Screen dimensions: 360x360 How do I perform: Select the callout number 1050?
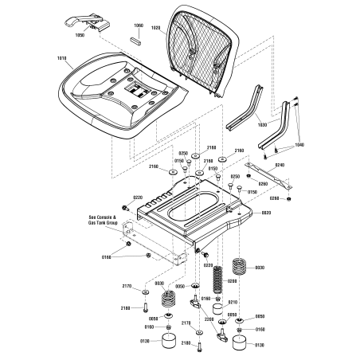(x=79, y=36)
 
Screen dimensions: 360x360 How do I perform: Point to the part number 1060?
(x=137, y=25)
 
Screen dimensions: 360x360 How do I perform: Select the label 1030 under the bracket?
(x=262, y=124)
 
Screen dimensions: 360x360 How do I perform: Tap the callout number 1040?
(x=299, y=144)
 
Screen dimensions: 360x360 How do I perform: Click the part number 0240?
(x=280, y=164)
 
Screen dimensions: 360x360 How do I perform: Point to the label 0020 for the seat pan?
(x=266, y=213)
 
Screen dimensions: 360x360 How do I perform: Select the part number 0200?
(x=233, y=280)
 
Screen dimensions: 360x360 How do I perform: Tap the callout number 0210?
(x=233, y=302)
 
